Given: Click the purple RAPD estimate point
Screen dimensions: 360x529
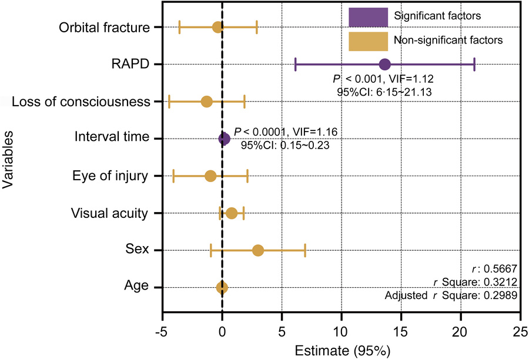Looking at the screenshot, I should coord(384,64).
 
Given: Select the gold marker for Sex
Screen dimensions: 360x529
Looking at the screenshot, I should coord(258,251).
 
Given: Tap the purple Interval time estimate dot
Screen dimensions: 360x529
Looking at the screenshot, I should coord(224,139).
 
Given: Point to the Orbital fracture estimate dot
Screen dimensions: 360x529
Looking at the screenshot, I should coord(217,27).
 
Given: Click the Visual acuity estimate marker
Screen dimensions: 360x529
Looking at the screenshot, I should coord(232,213).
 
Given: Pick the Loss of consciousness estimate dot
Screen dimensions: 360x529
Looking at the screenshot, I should coord(206,102).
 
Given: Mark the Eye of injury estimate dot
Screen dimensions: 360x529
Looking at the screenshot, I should coord(210,176).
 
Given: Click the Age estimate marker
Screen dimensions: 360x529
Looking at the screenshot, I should coord(222,287).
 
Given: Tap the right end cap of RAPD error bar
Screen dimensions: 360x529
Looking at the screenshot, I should coord(474,64).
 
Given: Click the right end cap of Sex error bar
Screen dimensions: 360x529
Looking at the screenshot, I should coord(305,251).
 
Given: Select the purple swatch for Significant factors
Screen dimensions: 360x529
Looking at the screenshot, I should coord(369,16).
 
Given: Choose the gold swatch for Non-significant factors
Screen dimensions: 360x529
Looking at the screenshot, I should coord(369,41).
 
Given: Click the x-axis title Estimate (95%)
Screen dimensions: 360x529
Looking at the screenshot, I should coord(340,351).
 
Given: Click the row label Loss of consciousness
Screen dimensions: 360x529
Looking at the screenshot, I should coord(79,102).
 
